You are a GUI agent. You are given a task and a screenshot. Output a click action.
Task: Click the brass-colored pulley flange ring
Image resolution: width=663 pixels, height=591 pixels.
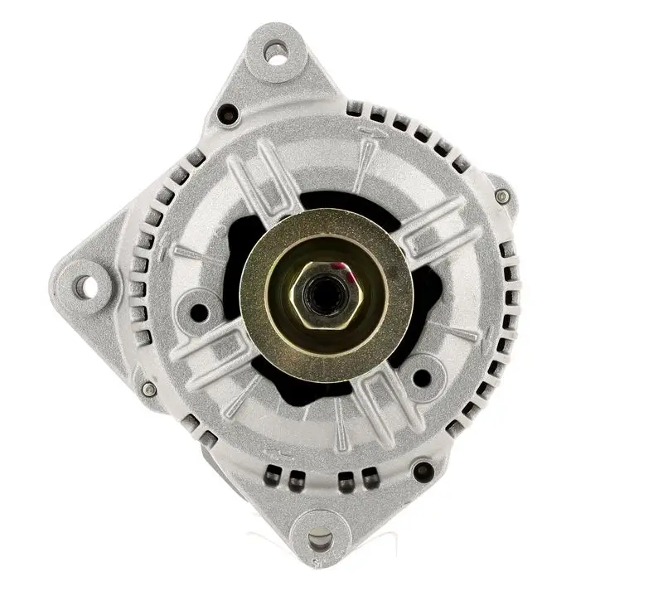click(x=273, y=249)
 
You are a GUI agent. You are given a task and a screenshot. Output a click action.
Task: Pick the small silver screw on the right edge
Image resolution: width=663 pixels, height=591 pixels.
click(x=502, y=196)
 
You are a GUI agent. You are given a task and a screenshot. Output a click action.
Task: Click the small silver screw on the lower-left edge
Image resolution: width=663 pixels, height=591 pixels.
click(x=148, y=389)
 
